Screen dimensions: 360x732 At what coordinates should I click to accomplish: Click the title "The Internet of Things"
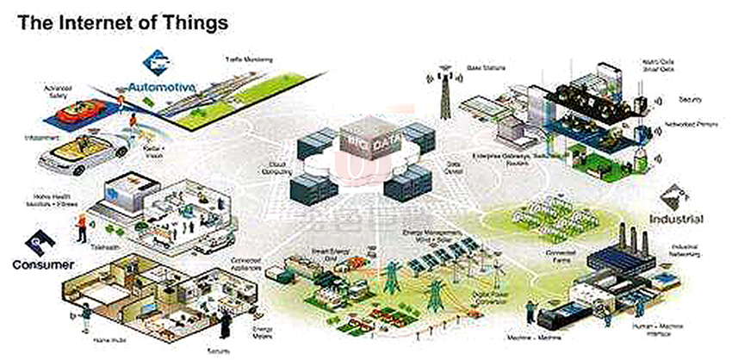coord(123,23)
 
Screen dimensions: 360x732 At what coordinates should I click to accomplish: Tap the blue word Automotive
coord(163,87)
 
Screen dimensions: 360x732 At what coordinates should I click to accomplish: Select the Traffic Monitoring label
coord(249,59)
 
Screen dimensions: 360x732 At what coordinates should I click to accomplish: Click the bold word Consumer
coord(43,264)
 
